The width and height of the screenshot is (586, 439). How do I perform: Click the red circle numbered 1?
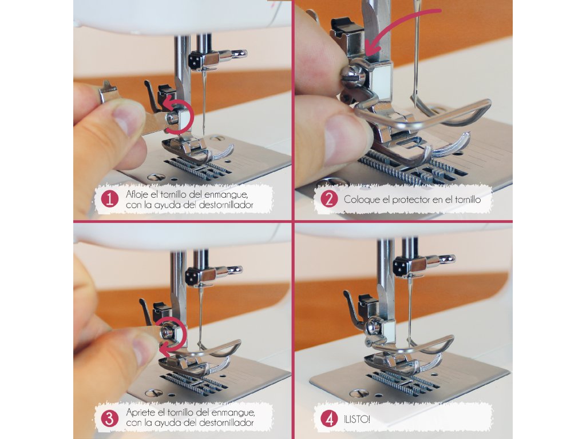tap(109, 199)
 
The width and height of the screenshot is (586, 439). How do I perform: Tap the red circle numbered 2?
tap(329, 199)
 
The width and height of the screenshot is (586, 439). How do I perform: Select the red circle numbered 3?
tap(109, 418)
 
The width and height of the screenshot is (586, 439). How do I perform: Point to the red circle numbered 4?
tap(329, 419)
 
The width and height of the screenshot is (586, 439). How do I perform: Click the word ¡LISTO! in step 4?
tap(357, 419)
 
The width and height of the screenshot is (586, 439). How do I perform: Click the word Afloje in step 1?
tap(137, 194)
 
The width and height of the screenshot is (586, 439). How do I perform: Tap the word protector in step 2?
tap(411, 199)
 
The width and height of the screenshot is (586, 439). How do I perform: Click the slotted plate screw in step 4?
tap(359, 393)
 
